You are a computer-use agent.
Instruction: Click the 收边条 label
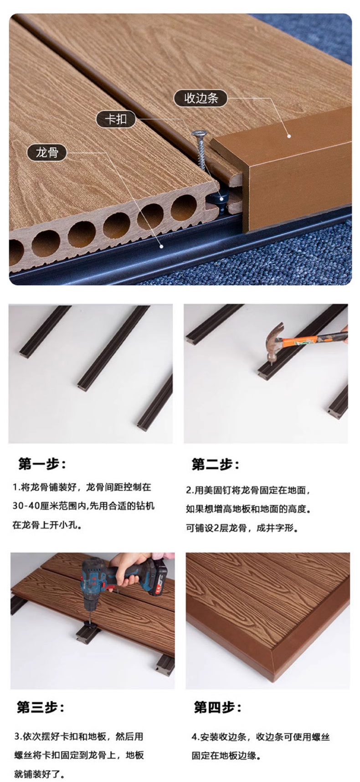[x=201, y=98]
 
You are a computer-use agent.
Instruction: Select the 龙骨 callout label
[x=47, y=152]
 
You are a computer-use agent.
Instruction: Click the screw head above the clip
[x=199, y=134]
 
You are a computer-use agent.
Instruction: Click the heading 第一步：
[x=42, y=465]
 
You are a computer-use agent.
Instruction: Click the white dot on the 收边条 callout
[x=288, y=135]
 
